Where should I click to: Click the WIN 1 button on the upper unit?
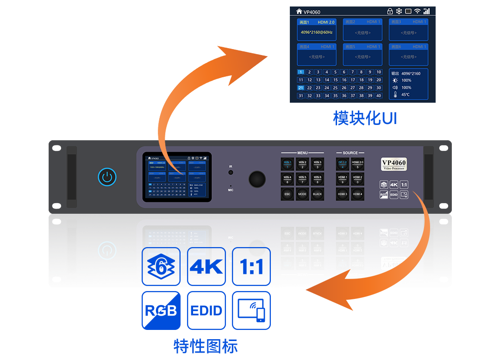click(x=287, y=164)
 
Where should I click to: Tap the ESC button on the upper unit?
click(x=287, y=194)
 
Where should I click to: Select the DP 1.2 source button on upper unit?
click(x=343, y=164)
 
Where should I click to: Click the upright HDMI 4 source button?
click(x=357, y=194)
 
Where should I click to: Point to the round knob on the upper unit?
click(x=257, y=179)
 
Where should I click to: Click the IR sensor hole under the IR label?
click(x=231, y=173)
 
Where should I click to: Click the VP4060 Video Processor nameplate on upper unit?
click(x=394, y=164)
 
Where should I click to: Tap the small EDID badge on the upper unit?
click(x=394, y=195)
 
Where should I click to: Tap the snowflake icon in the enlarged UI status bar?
click(x=399, y=11)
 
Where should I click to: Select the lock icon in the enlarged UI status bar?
click(x=390, y=11)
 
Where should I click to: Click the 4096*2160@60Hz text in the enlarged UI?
click(x=317, y=32)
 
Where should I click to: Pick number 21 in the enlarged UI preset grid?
click(x=301, y=88)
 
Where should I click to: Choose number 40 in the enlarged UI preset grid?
click(x=379, y=96)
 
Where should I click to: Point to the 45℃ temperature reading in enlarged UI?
click(x=406, y=95)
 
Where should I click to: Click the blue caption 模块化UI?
click(x=365, y=118)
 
